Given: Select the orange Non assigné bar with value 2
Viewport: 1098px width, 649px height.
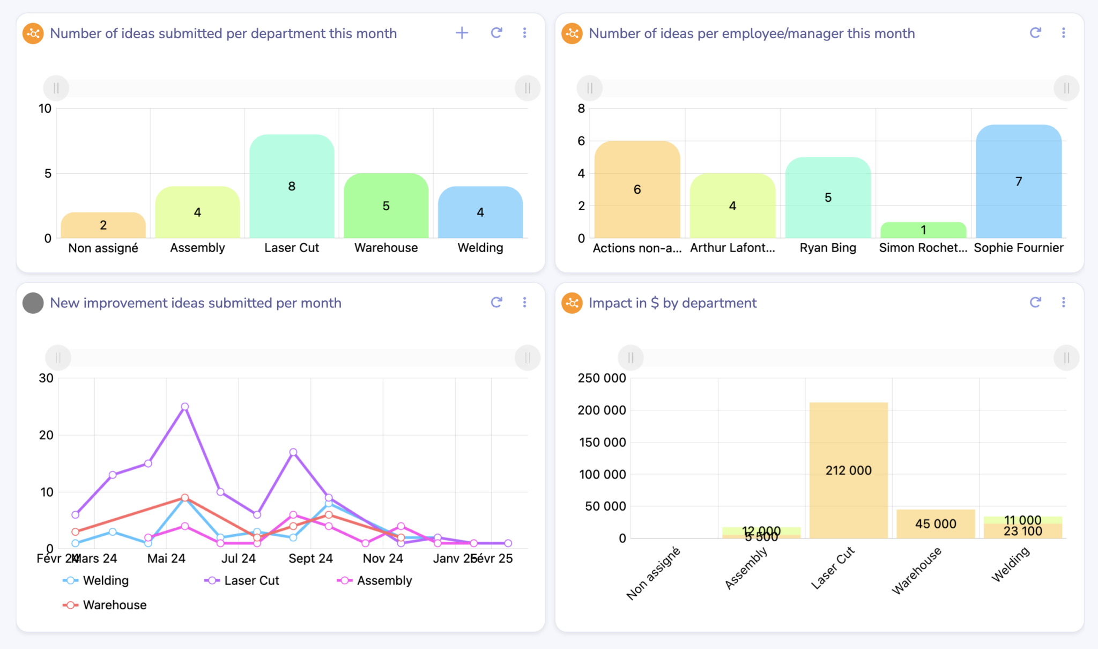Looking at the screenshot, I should point(103,225).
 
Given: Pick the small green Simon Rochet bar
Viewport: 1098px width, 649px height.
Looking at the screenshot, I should point(923,230).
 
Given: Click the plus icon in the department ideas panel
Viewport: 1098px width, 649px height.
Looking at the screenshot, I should point(462,33).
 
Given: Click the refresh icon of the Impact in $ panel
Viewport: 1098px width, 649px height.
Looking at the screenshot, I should point(1035,303).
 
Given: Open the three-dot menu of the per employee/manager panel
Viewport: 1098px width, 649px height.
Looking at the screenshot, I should point(1063,33).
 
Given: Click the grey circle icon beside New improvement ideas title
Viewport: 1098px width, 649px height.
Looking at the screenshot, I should point(33,303).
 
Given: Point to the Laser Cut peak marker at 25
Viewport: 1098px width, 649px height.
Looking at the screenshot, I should point(185,407).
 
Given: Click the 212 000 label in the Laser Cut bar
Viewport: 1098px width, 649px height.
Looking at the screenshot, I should point(848,470).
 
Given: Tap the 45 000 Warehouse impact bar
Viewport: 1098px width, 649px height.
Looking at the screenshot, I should point(936,524).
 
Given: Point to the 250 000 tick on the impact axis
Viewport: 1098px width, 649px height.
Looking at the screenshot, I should point(602,378).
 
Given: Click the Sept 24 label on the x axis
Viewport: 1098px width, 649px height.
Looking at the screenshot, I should point(310,558).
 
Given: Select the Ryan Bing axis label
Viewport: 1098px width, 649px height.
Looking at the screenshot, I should point(827,248).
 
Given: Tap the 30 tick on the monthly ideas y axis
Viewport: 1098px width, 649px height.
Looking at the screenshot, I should point(46,378).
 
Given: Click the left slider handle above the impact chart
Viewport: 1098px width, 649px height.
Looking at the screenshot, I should point(631,358).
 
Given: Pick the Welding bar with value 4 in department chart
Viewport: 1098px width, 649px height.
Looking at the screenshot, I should point(480,212).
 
